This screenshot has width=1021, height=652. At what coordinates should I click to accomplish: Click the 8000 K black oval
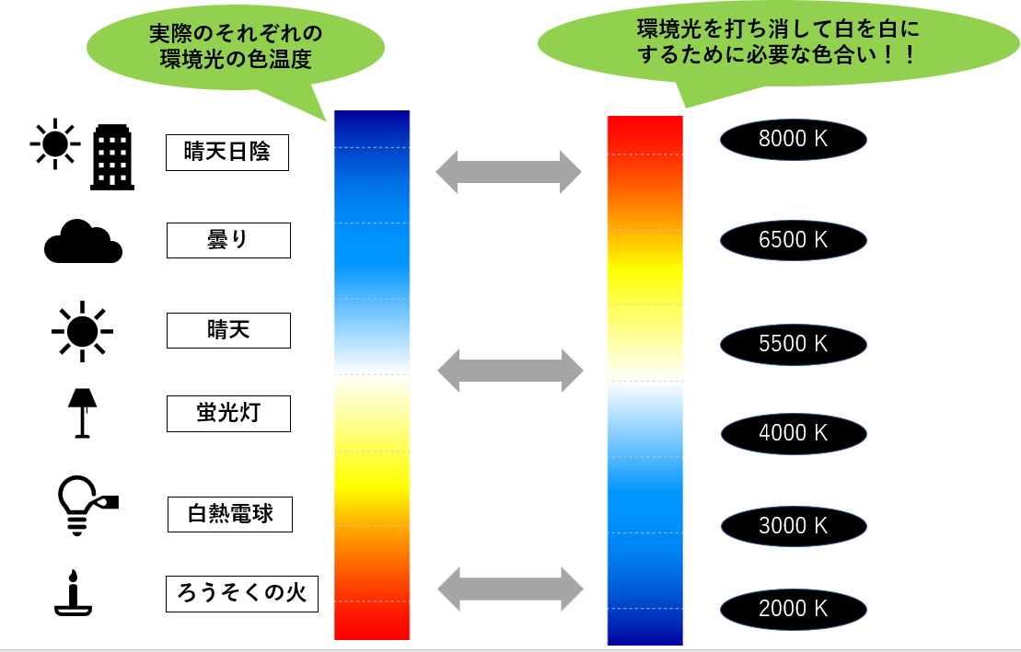point(794,139)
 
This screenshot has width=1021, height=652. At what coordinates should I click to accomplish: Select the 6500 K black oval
point(794,240)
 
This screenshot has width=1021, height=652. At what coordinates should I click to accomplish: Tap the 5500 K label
point(794,344)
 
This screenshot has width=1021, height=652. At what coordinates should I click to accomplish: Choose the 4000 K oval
point(794,432)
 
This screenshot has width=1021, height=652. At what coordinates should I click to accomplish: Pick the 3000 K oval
point(794,525)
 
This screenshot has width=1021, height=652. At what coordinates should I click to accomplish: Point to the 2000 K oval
point(794,608)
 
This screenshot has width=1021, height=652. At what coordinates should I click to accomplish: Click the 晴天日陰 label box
point(227,153)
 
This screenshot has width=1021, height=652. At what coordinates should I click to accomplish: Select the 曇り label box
point(228,240)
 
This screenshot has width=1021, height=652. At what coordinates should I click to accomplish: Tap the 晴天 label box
point(228,330)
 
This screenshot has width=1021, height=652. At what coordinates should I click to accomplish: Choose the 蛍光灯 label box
point(228,414)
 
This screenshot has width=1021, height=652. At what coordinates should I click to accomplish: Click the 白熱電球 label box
point(230,514)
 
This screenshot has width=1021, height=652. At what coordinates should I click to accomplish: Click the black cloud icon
point(83,242)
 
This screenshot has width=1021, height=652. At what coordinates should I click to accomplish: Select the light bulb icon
point(83,504)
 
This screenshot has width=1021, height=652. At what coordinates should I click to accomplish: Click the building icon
point(112,157)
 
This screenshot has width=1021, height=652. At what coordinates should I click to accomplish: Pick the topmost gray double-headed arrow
point(508,171)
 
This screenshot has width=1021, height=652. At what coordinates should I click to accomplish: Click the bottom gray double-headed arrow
point(510,589)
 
